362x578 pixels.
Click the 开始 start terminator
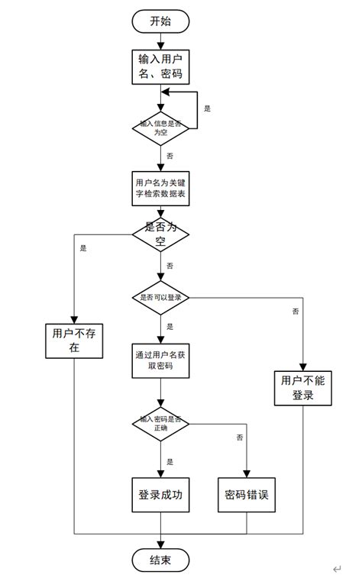tap(160, 21)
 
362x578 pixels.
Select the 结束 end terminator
tap(160, 560)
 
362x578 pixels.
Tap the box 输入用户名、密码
tap(160, 66)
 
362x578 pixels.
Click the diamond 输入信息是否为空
tap(160, 127)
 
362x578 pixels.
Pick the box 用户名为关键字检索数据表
tap(160, 189)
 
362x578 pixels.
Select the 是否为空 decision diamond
tap(160, 234)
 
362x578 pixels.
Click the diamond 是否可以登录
tap(160, 297)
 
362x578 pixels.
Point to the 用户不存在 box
tap(75, 340)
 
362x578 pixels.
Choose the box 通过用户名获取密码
tap(160, 360)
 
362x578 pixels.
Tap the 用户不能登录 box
tap(303, 389)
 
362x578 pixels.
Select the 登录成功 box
tap(160, 495)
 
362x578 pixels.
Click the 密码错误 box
tap(247, 495)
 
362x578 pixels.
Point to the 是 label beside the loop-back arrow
tap(207, 108)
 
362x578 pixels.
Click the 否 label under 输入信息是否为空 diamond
tap(170, 155)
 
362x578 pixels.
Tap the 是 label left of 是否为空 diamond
tap(83, 247)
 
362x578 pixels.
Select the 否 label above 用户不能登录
tap(295, 311)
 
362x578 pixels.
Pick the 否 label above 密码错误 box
tap(240, 438)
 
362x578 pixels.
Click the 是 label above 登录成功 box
tap(170, 461)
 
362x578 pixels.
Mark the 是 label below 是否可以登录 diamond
tap(170, 326)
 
